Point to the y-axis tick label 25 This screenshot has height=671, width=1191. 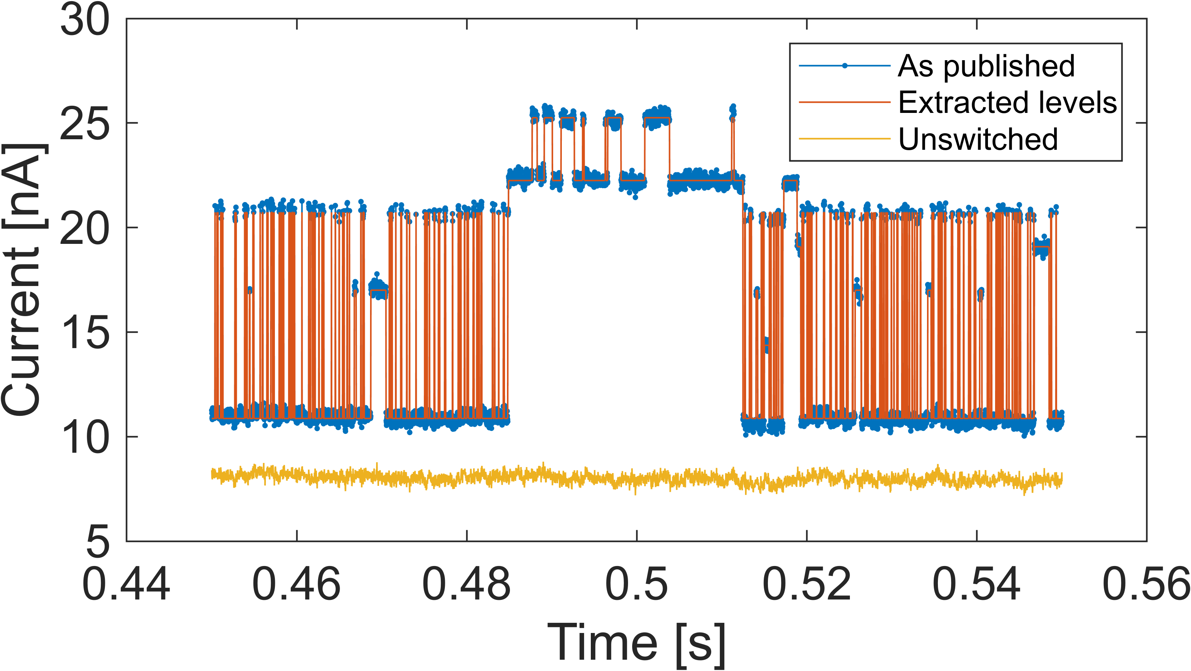(x=85, y=124)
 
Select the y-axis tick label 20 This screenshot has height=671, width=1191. (x=85, y=228)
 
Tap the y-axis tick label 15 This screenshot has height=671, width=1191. (x=85, y=333)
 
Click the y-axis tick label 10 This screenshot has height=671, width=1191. (x=85, y=437)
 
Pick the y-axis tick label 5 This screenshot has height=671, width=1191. (x=98, y=542)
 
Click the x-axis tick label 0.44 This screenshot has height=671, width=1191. (x=126, y=584)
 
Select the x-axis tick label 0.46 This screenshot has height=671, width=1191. (x=296, y=584)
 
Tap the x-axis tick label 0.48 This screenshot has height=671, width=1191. (x=466, y=584)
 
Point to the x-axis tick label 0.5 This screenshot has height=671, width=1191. (x=637, y=584)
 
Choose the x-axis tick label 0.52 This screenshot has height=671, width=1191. (x=807, y=584)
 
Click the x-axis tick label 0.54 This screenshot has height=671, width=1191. (x=977, y=584)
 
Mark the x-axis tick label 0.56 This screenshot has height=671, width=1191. (x=1146, y=584)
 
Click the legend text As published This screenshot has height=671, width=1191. (x=986, y=66)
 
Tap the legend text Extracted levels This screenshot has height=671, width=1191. (x=1007, y=102)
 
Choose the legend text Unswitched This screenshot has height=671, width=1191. (x=978, y=139)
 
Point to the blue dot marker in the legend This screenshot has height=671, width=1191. (x=845, y=66)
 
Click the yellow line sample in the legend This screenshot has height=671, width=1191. (x=845, y=138)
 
